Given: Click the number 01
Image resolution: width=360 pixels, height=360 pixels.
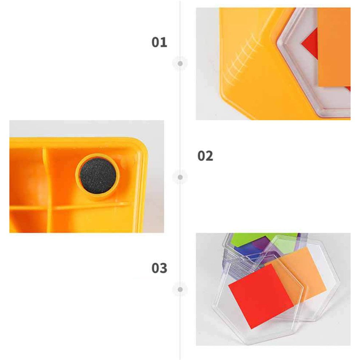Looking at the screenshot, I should (159, 43).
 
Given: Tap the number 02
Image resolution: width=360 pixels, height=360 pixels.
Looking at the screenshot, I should (205, 156).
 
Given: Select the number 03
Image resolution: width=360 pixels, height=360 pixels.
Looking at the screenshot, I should (159, 268).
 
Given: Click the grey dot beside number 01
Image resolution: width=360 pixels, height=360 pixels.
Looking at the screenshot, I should (180, 64).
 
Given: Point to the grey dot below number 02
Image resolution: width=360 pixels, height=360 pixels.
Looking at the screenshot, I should (180, 177).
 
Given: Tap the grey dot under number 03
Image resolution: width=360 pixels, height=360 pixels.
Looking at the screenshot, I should (180, 289).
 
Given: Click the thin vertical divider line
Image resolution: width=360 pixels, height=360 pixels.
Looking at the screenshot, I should (180, 218).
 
